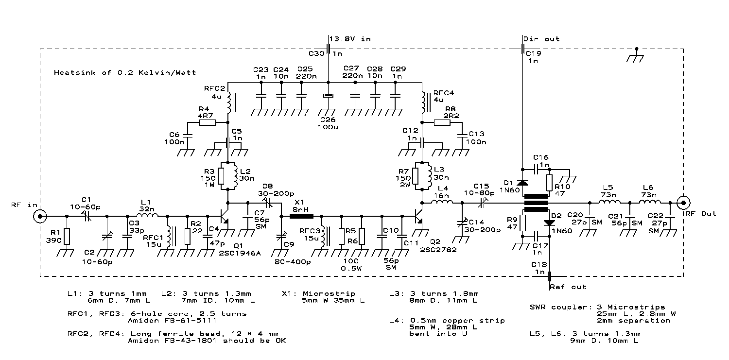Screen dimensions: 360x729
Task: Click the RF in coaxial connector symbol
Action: click(x=40, y=216)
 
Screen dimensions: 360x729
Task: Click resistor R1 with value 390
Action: click(x=67, y=236)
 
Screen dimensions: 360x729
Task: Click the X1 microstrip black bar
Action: click(x=301, y=216)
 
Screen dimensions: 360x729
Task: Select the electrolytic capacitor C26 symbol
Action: click(x=328, y=96)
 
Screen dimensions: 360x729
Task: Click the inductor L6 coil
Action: click(x=650, y=203)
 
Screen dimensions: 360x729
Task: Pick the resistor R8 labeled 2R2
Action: click(x=443, y=123)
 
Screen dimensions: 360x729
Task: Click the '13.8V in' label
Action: click(x=349, y=39)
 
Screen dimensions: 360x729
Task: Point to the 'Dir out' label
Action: click(x=541, y=39)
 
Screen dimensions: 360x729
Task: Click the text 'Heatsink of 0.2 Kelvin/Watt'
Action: click(x=125, y=72)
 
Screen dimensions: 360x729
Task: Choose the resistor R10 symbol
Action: click(x=549, y=183)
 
